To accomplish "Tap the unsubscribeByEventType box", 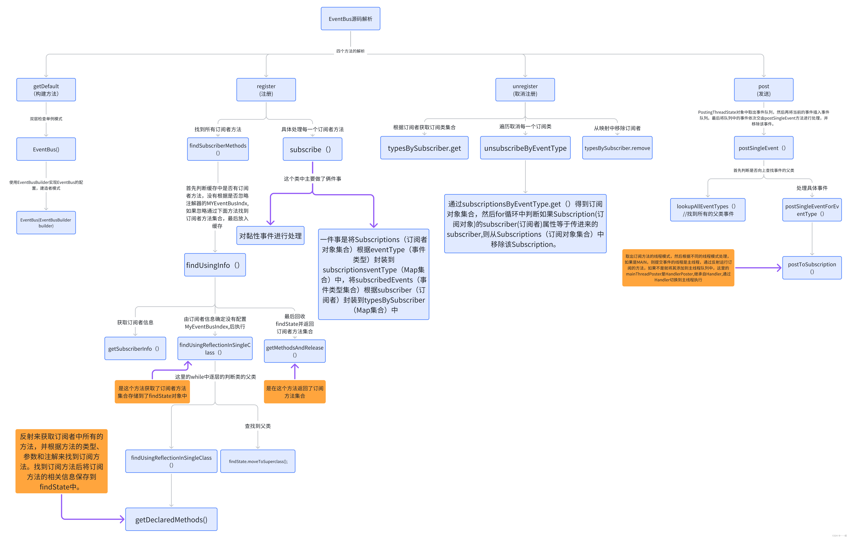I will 525,148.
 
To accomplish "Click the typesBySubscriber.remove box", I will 617,148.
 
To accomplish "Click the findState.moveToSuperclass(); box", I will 258,461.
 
